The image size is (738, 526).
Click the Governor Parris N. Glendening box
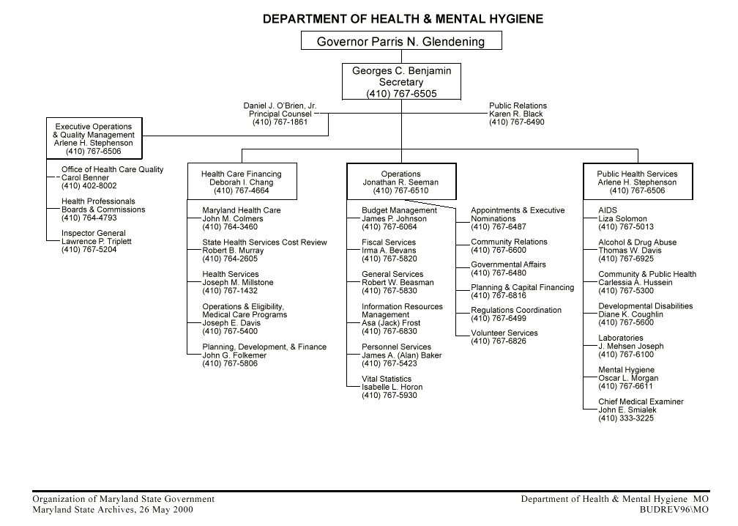(x=401, y=41)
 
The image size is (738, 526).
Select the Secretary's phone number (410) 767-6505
(x=401, y=94)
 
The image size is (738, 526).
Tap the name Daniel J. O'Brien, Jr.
(x=280, y=105)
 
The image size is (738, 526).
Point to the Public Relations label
(x=518, y=105)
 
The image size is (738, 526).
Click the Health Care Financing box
(x=242, y=182)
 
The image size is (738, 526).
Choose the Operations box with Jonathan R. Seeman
(x=400, y=182)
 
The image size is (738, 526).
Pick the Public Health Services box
(x=637, y=182)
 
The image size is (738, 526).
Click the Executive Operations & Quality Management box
(x=94, y=139)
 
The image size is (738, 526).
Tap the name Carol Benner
(x=85, y=178)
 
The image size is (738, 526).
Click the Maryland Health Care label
(x=241, y=210)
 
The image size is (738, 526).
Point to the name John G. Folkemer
(x=234, y=355)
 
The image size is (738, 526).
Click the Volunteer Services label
(x=504, y=333)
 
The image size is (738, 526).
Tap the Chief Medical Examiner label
(x=641, y=401)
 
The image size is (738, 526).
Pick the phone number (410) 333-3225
(x=626, y=418)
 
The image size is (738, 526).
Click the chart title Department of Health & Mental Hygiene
(x=403, y=19)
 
